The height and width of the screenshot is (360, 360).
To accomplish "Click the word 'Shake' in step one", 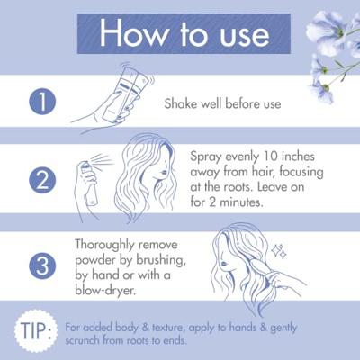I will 182,103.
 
